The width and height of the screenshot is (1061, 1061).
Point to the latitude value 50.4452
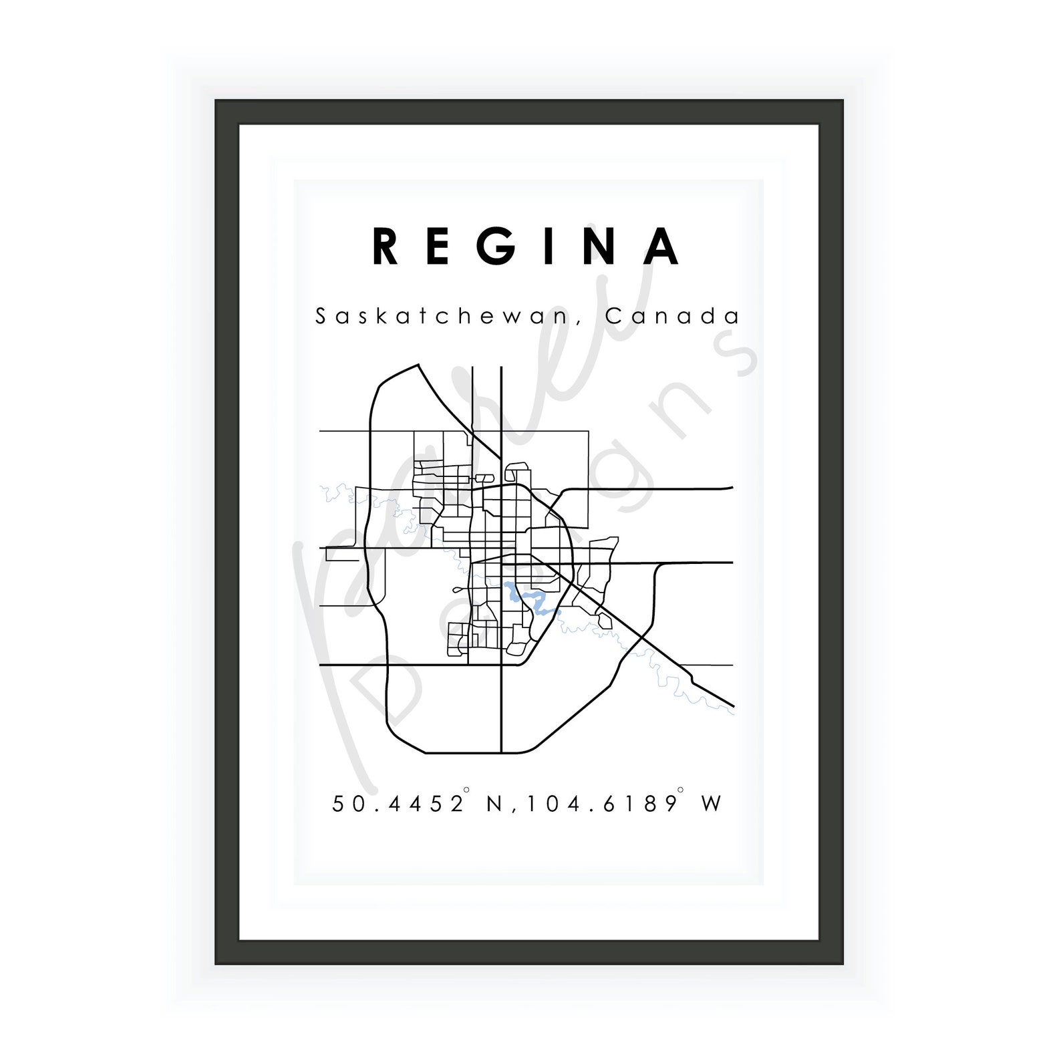[398, 803]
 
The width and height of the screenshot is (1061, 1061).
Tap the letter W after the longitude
[712, 803]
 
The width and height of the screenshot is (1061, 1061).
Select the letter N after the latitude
[494, 803]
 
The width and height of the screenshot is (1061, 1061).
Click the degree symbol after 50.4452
[466, 790]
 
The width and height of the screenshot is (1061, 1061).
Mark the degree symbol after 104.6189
[680, 790]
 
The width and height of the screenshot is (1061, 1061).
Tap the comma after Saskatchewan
[579, 323]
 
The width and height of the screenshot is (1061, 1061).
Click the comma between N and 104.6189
[515, 810]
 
